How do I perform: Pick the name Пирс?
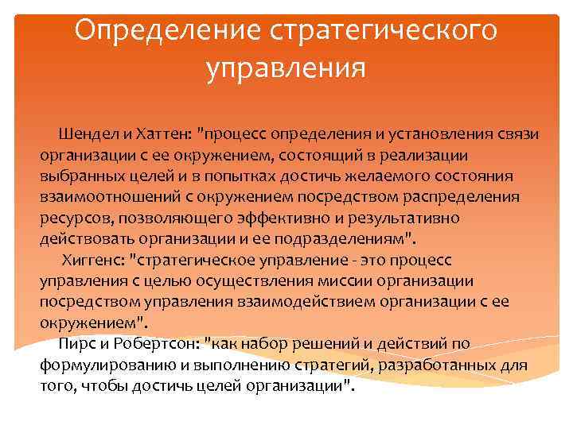[77, 343]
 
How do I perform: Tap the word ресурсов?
[71, 218]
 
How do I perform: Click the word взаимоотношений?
[102, 197]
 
